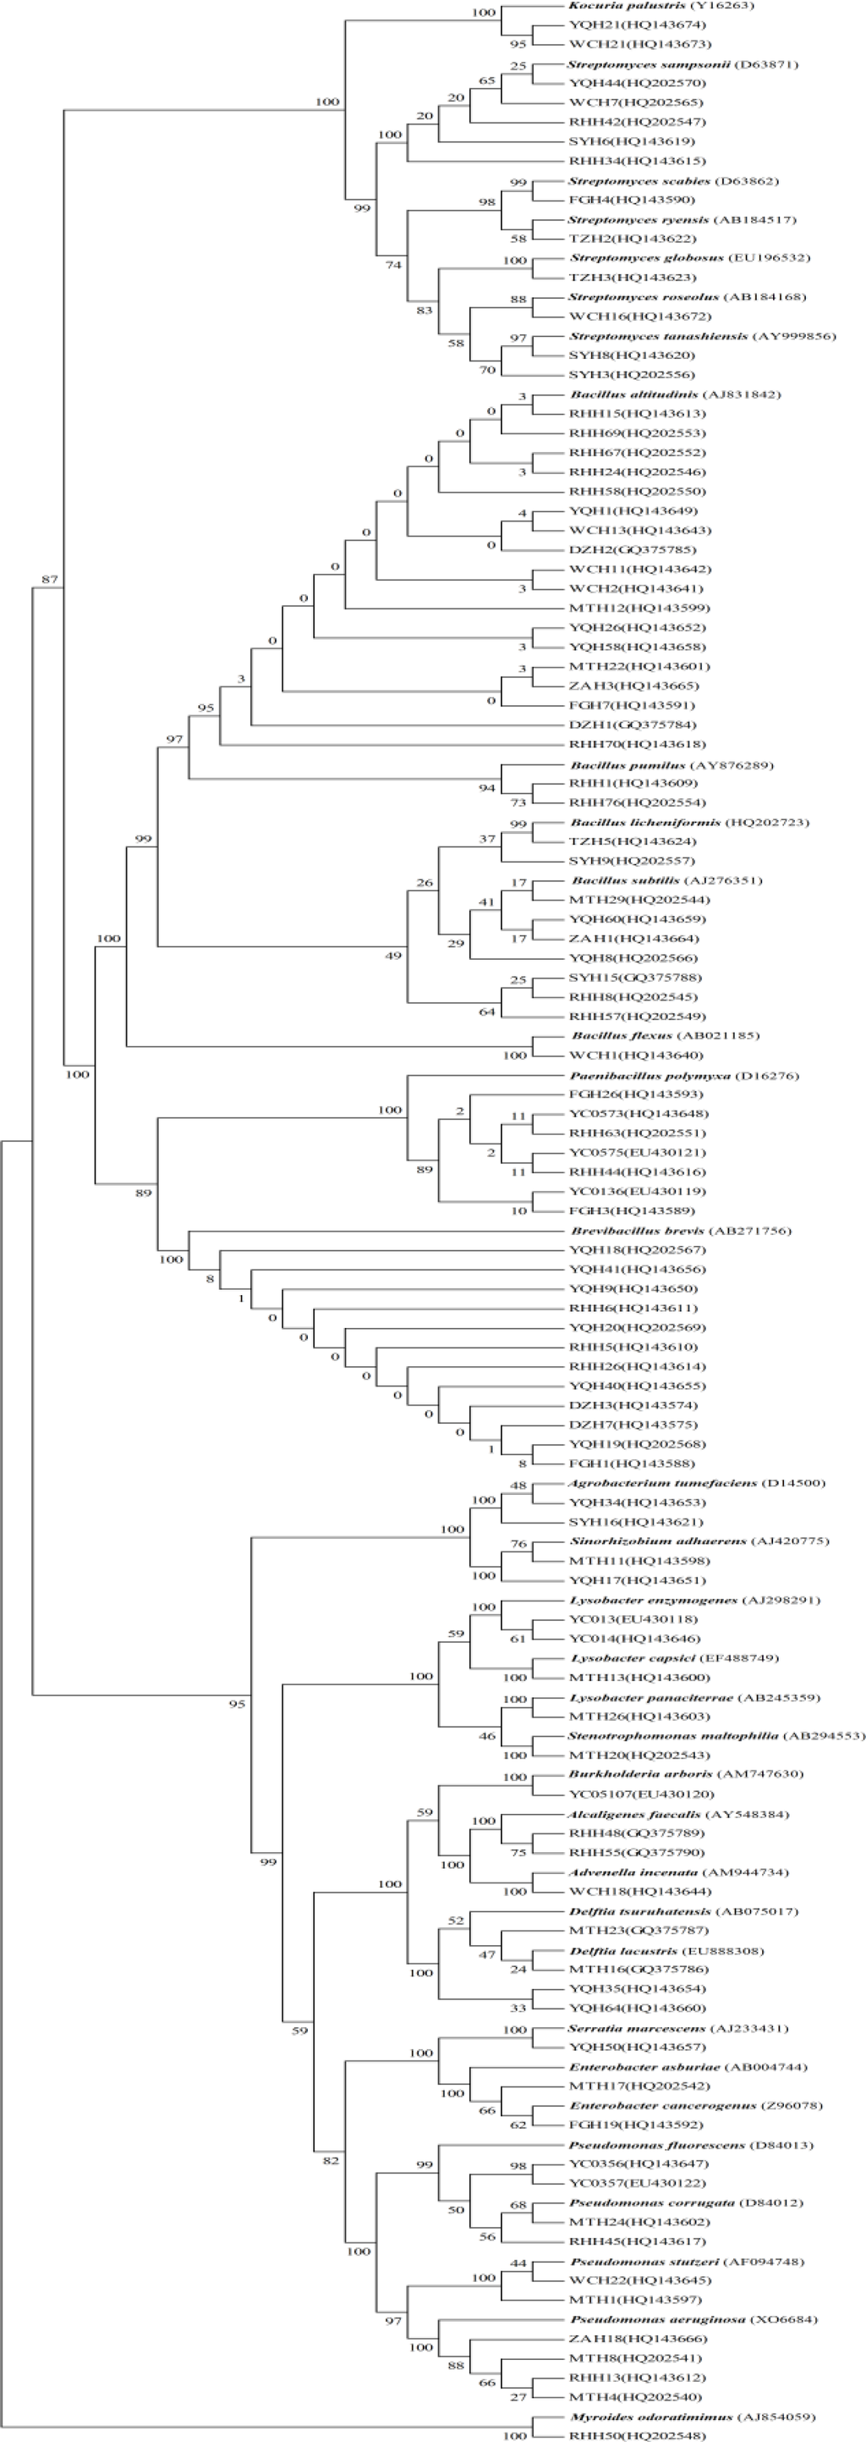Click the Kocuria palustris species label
648,6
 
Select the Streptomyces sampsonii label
682,64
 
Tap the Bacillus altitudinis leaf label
676,394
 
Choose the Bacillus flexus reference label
664,1036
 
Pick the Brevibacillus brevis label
680,1231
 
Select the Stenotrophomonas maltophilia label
716,1736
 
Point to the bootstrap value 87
49,578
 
